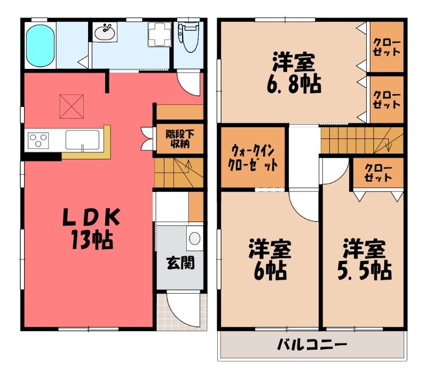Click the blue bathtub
pyautogui.click(x=41, y=45)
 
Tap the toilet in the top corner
pyautogui.click(x=189, y=37)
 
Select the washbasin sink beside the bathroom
pyautogui.click(x=105, y=32)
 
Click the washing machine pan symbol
pyautogui.click(x=160, y=34)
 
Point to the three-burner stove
pyautogui.click(x=38, y=141)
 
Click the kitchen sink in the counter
pyautogui.click(x=82, y=140)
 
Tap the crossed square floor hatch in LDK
pyautogui.click(x=72, y=106)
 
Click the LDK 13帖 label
pyautogui.click(x=91, y=228)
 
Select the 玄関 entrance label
pyautogui.click(x=180, y=263)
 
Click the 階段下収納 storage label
pyautogui.click(x=180, y=139)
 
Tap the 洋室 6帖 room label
pyautogui.click(x=270, y=259)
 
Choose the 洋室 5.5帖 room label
pyautogui.click(x=365, y=259)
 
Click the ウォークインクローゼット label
pyautogui.click(x=252, y=158)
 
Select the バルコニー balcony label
pyautogui.click(x=312, y=345)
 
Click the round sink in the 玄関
pyautogui.click(x=195, y=238)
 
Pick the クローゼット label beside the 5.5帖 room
pyautogui.click(x=378, y=173)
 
